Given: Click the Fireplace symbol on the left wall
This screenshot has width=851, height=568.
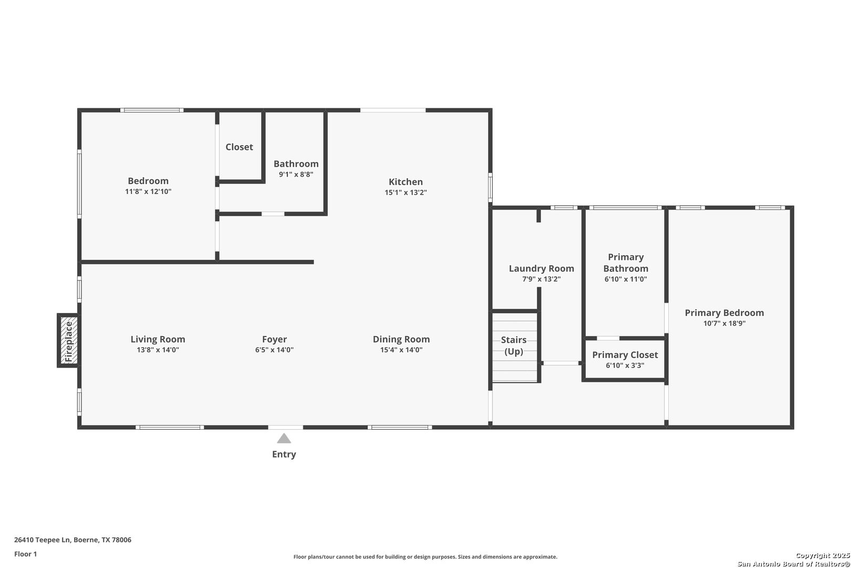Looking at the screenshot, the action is pyautogui.click(x=69, y=340).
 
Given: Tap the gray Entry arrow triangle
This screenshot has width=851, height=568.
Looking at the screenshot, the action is pyautogui.click(x=284, y=438).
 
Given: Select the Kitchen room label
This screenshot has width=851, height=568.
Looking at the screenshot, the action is pyautogui.click(x=406, y=182).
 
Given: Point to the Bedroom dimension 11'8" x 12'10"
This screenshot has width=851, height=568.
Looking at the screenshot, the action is pyautogui.click(x=148, y=191).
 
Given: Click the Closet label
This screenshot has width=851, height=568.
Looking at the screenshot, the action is pyautogui.click(x=239, y=147).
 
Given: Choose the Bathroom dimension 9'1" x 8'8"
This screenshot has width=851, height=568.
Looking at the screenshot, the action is pyautogui.click(x=296, y=175).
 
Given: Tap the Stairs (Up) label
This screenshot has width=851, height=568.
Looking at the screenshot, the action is pyautogui.click(x=514, y=346).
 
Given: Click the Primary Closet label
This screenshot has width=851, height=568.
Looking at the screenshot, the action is pyautogui.click(x=625, y=355).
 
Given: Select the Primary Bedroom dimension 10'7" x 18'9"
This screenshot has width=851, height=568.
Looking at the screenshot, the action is pyautogui.click(x=724, y=323).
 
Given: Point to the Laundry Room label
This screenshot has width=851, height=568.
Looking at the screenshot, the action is pyautogui.click(x=542, y=269).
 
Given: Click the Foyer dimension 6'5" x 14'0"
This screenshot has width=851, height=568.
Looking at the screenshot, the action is pyautogui.click(x=274, y=350).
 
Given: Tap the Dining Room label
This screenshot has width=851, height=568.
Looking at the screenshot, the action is pyautogui.click(x=401, y=339).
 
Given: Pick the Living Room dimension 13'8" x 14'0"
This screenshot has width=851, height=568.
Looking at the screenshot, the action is pyautogui.click(x=158, y=350).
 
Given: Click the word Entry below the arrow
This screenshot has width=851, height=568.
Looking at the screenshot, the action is pyautogui.click(x=284, y=454).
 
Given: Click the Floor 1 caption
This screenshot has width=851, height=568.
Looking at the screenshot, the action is pyautogui.click(x=25, y=554).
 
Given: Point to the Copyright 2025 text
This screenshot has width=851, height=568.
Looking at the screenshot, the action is pyautogui.click(x=823, y=555).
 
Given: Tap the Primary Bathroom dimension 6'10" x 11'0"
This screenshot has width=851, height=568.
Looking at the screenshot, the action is pyautogui.click(x=625, y=279).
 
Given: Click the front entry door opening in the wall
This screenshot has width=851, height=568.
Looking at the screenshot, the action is pyautogui.click(x=286, y=427).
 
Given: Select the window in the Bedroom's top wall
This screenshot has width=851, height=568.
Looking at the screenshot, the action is pyautogui.click(x=152, y=110).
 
